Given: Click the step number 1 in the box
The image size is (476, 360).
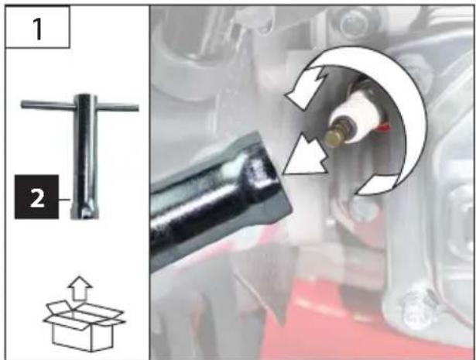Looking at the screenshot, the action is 38,29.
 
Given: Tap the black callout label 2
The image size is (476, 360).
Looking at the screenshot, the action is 36,197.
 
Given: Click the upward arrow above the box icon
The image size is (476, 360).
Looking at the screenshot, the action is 80,288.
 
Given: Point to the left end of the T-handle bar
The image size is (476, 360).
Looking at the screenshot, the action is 22,105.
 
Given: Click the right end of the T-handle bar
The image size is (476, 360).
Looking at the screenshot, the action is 137,108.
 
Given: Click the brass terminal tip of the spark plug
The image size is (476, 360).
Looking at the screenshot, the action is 334,138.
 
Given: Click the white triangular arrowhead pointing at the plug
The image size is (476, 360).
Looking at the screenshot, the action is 306,157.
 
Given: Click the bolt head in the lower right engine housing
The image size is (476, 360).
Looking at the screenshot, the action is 416,312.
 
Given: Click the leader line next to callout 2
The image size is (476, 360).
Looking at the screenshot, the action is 64,200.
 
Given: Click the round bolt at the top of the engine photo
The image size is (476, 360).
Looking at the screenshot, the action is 354,23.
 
